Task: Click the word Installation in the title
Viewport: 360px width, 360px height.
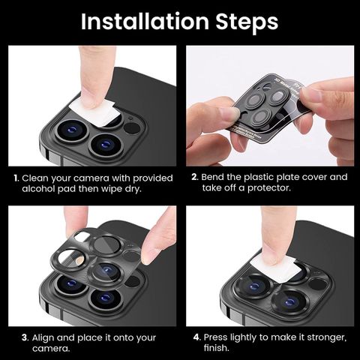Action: pyautogui.click(x=145, y=22)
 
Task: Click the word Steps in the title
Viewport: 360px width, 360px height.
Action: pyautogui.click(x=247, y=23)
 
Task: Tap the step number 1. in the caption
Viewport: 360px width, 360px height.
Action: pyautogui.click(x=16, y=178)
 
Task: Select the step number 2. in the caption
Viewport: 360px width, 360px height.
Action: pyautogui.click(x=195, y=177)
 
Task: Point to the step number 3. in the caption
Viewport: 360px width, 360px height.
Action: pyautogui.click(x=25, y=337)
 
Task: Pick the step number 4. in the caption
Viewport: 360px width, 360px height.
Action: pyautogui.click(x=197, y=337)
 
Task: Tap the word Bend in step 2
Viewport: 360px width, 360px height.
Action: pyautogui.click(x=212, y=177)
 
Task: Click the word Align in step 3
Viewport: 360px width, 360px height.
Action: pyautogui.click(x=43, y=338)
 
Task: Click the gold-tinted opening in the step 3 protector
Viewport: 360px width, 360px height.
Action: pyautogui.click(x=79, y=262)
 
